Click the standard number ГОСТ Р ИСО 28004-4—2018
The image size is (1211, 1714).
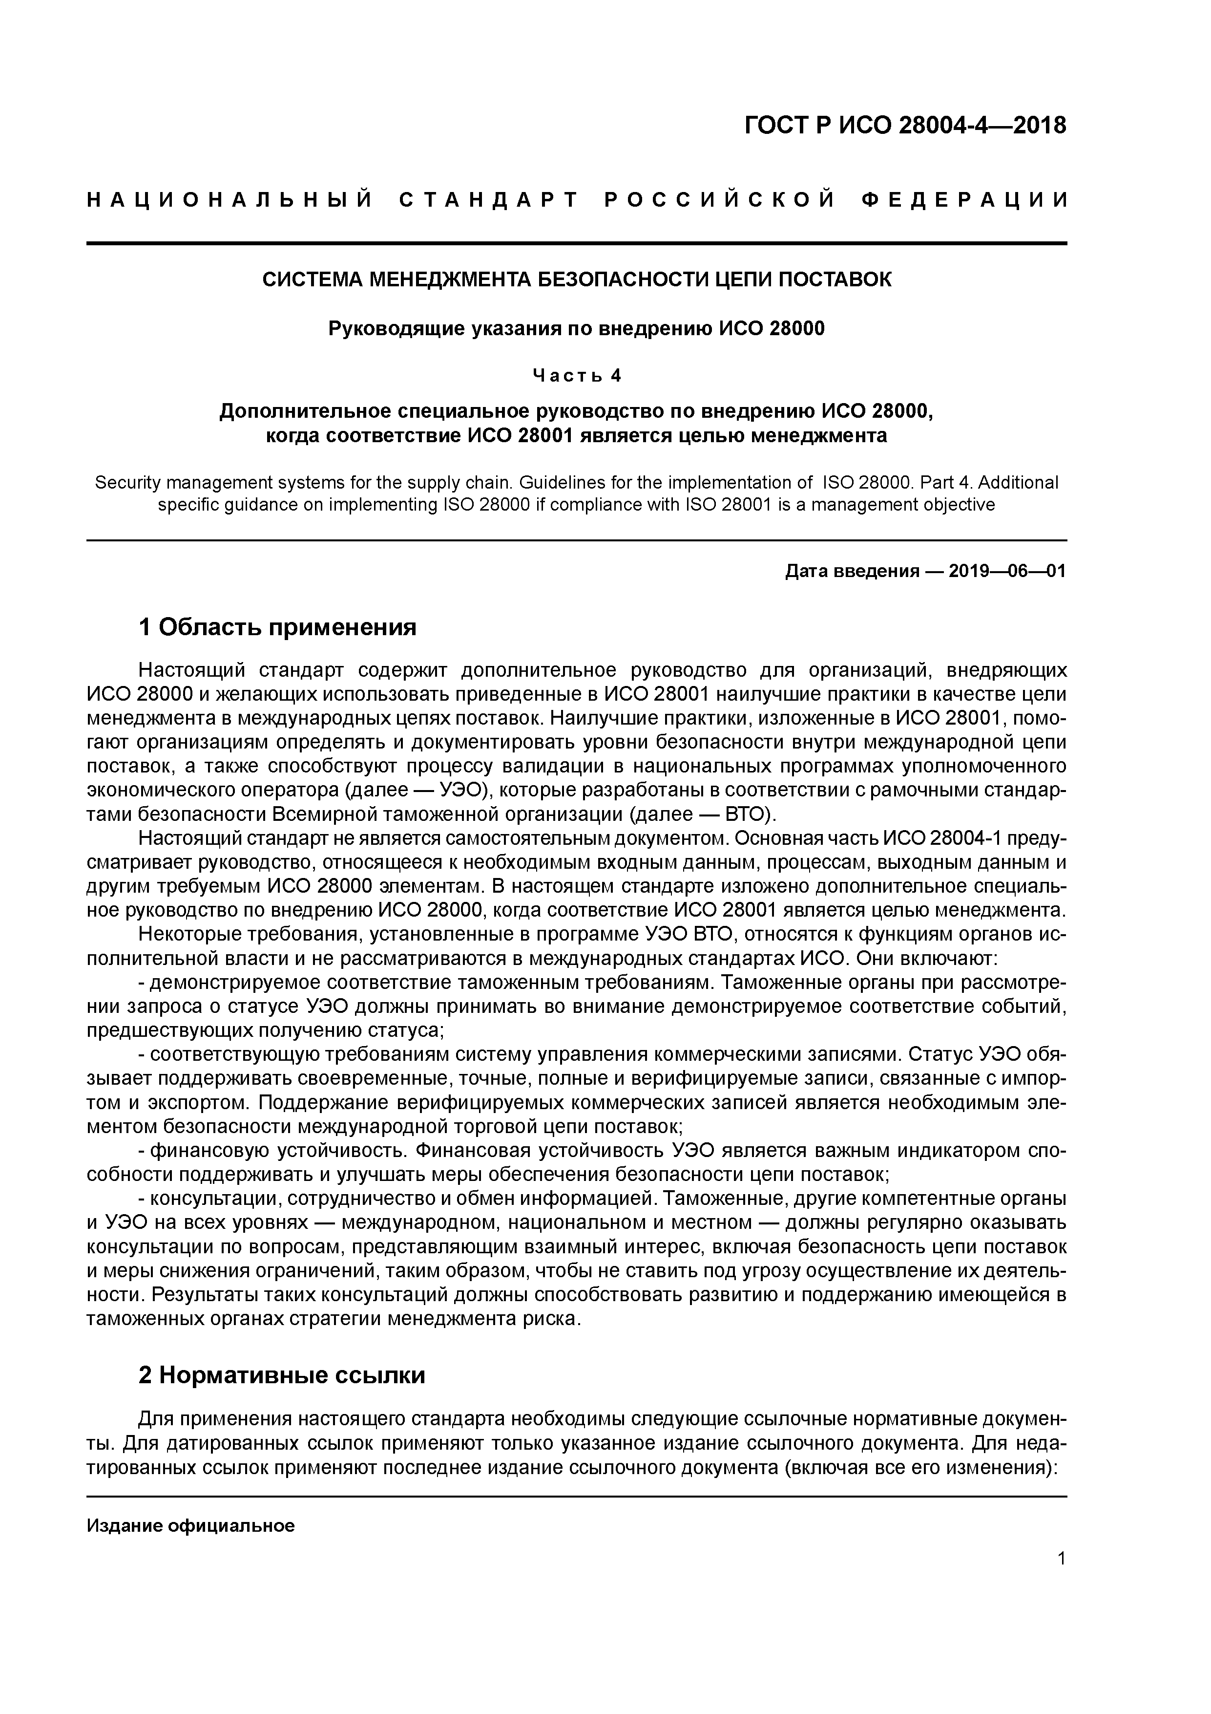(x=905, y=126)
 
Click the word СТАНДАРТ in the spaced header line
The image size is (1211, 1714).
(x=489, y=200)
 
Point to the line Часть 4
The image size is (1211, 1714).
(x=577, y=376)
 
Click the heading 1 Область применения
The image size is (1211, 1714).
(x=277, y=627)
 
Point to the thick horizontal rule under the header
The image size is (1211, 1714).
(x=577, y=243)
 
